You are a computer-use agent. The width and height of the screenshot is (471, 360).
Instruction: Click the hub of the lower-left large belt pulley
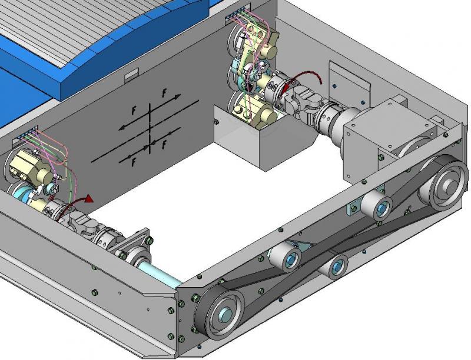[225, 314]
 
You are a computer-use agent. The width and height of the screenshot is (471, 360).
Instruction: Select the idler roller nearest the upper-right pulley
[377, 206]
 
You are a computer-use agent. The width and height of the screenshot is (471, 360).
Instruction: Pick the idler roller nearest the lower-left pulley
[286, 258]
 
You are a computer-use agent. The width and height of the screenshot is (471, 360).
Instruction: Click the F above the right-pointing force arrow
[164, 93]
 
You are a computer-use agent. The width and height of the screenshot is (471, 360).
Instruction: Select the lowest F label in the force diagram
[134, 162]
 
